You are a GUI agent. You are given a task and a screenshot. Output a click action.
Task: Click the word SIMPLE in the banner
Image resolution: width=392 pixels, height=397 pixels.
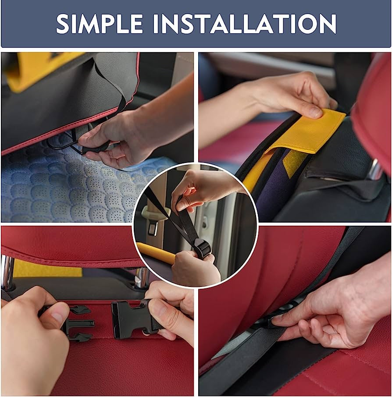coord(100,24)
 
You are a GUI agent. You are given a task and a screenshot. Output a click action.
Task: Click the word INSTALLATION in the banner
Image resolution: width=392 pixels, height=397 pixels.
coord(245,24)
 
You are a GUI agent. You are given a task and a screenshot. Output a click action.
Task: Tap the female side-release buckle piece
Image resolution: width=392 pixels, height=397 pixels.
coord(132,320)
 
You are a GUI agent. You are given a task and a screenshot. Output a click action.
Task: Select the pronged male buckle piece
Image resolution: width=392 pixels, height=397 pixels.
coord(76,323)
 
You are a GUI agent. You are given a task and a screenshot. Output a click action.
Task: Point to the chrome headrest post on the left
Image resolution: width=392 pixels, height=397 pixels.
coord(7,271)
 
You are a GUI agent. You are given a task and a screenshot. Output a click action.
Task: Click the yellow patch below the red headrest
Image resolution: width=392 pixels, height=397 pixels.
coord(47,268)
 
